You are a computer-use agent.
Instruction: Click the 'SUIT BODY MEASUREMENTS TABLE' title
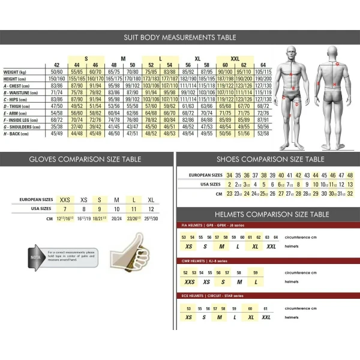point(179,37)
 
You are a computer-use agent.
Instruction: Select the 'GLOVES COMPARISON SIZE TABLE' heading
point(85,160)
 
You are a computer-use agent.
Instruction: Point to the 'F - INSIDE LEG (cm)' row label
point(23,119)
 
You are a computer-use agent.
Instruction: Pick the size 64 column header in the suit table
point(262,65)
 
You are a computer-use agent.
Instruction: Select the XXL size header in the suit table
point(235,58)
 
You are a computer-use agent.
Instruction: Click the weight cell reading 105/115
point(262,71)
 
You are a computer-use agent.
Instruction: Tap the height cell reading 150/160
point(56,79)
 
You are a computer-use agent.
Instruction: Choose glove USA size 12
point(151,208)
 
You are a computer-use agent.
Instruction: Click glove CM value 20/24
point(117,218)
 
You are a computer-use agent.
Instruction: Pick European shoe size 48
point(350,175)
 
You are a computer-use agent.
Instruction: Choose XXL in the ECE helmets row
point(266,317)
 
